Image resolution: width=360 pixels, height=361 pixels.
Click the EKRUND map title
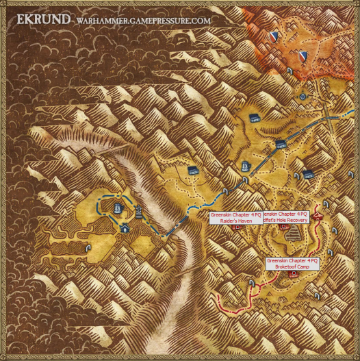pos(40,19)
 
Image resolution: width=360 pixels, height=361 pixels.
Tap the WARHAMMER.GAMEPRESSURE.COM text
pos(142,21)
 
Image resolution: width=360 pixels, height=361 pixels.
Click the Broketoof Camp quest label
pos(292,264)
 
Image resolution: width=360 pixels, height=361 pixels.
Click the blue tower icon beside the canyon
pos(140,212)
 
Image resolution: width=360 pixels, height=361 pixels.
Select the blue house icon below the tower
pos(125,229)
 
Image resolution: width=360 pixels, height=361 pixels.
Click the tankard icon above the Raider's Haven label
pos(245,166)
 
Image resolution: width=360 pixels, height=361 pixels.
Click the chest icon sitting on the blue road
pos(281,143)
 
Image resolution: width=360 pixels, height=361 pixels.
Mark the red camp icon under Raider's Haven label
pos(235,228)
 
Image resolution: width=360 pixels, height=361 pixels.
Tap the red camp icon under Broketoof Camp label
pos(294,274)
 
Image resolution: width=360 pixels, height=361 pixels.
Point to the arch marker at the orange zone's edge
pos(290,71)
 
